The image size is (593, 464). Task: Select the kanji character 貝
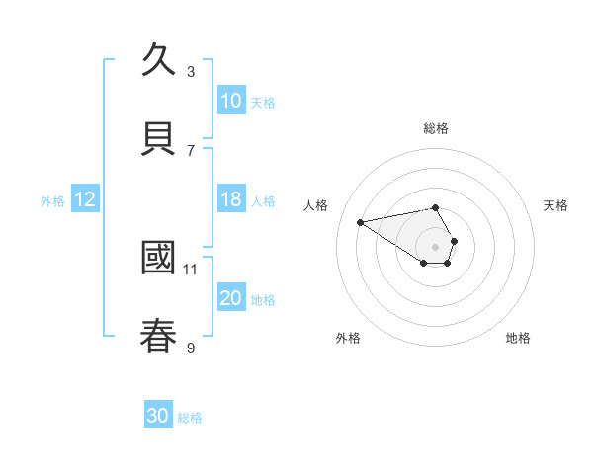coord(159,137)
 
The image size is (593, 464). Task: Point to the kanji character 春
coord(159,335)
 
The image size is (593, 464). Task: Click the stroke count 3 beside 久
coord(191,71)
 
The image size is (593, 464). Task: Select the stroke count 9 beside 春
coord(191,347)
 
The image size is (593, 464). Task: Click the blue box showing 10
coord(230,101)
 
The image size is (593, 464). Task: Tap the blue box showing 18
coord(230,199)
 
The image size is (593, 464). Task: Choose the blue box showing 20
coord(230,298)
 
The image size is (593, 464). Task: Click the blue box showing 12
coord(85,199)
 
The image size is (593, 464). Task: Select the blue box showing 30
coord(158,416)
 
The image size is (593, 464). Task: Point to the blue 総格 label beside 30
coord(190,418)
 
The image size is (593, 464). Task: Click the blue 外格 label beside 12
coord(52,201)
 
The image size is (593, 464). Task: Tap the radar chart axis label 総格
coord(436,128)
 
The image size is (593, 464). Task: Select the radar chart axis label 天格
coord(555,205)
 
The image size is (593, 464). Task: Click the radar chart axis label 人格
coord(315,205)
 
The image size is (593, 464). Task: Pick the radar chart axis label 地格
coord(518,338)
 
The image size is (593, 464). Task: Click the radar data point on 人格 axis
coord(360,221)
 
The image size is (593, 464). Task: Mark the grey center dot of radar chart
coord(435,246)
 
